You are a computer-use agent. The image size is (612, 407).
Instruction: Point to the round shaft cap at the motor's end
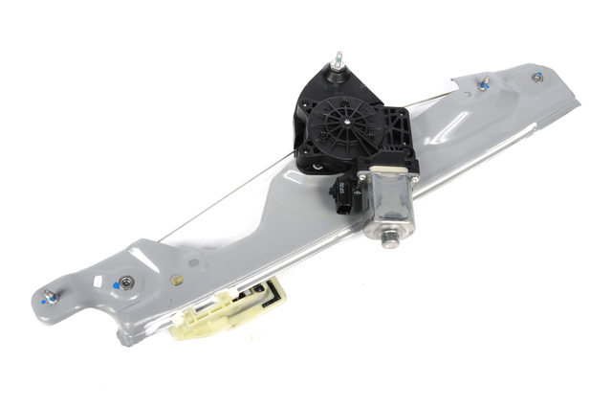click(390, 236)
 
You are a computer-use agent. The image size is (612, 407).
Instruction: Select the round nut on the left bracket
click(123, 283)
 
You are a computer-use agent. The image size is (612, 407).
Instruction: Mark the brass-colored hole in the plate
click(176, 282)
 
